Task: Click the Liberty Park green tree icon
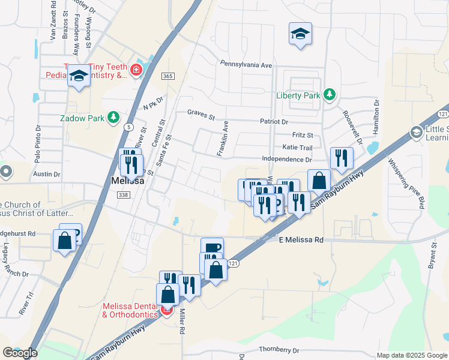[329, 95]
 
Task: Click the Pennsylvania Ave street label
[246, 64]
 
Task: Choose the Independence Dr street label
[287, 160]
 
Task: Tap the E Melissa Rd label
[301, 239]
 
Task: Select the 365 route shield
[168, 76]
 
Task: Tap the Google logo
[20, 353]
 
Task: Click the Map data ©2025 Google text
[412, 355]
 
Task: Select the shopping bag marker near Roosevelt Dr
[319, 179]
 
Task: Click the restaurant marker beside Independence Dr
[342, 158]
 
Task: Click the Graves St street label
[200, 113]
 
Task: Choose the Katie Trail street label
[297, 148]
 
